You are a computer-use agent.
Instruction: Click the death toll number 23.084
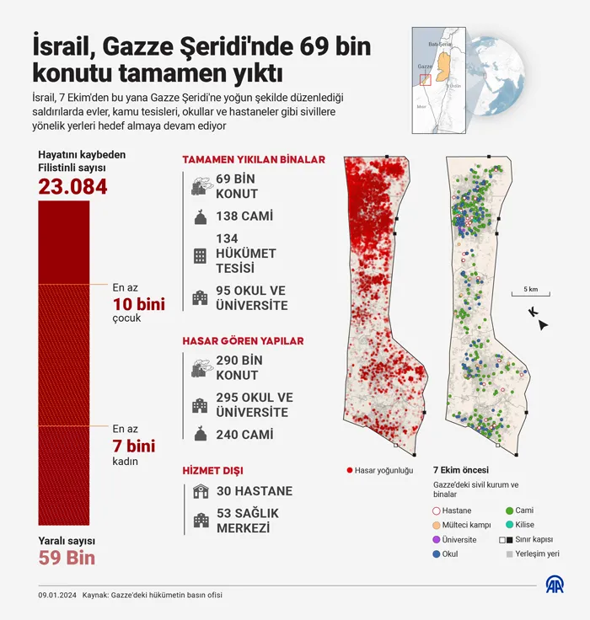pyautogui.click(x=72, y=186)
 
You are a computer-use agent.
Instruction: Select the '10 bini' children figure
pyautogui.click(x=138, y=303)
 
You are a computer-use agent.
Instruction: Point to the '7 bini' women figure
pyautogui.click(x=134, y=446)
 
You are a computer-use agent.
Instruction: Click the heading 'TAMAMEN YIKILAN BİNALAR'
pyautogui.click(x=254, y=159)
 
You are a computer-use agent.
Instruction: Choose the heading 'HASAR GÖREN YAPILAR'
pyautogui.click(x=243, y=341)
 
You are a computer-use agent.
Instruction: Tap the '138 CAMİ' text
pyautogui.click(x=244, y=216)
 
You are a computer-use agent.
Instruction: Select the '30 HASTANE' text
pyautogui.click(x=254, y=491)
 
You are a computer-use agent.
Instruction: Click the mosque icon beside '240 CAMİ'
pyautogui.click(x=200, y=434)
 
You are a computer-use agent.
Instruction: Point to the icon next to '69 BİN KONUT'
pyautogui.click(x=200, y=185)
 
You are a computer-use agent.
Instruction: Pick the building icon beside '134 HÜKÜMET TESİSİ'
pyautogui.click(x=200, y=254)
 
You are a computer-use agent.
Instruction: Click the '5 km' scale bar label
pyautogui.click(x=530, y=289)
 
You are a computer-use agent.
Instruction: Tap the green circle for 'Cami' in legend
pyautogui.click(x=510, y=510)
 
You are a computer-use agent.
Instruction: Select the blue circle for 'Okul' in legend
pyautogui.click(x=436, y=554)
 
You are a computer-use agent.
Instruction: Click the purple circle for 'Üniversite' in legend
pyautogui.click(x=436, y=539)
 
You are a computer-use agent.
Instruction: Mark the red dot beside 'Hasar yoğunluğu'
pyautogui.click(x=349, y=470)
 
